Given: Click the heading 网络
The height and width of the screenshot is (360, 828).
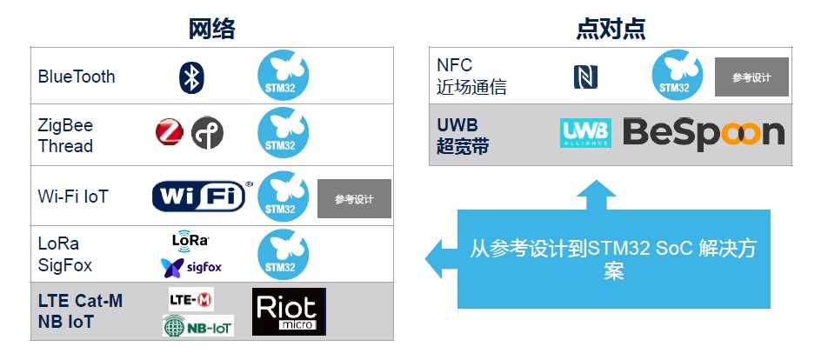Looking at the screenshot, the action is [x=211, y=29].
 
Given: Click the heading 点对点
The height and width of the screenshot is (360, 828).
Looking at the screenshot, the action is [x=611, y=29].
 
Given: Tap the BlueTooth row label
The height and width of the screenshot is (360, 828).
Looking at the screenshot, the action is [x=77, y=77].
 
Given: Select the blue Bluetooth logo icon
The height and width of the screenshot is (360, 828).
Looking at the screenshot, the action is [x=191, y=77].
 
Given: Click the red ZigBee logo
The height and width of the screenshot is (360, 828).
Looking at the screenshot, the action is [x=170, y=132].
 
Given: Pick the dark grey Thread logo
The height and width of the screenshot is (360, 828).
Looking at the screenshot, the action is [x=207, y=132].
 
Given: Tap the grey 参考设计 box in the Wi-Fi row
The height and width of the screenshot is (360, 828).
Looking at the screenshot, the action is [x=354, y=198].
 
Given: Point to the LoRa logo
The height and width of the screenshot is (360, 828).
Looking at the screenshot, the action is [x=190, y=239].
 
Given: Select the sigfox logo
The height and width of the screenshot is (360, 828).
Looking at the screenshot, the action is [x=191, y=268].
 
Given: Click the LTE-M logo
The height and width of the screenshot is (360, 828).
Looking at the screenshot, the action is [x=191, y=300].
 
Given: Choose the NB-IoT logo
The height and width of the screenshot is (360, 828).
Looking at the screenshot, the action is [x=198, y=326].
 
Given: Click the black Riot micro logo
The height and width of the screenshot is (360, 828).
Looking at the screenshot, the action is [x=289, y=311].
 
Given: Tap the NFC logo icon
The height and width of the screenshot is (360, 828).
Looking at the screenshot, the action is [x=585, y=77].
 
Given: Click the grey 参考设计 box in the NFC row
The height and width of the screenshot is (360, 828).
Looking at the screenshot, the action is [x=752, y=77].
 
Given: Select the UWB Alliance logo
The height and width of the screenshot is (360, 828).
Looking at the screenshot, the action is [x=585, y=133].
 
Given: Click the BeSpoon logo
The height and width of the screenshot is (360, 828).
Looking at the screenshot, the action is [x=704, y=133].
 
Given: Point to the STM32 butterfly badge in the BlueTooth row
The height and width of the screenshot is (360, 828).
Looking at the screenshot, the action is [x=283, y=75].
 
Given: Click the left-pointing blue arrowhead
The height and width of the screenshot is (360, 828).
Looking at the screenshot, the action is [x=442, y=258].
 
